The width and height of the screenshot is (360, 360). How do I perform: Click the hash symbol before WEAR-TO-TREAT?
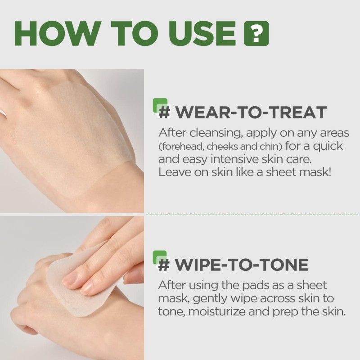point(165,112)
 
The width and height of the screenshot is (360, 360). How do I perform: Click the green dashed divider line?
point(252,215)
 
